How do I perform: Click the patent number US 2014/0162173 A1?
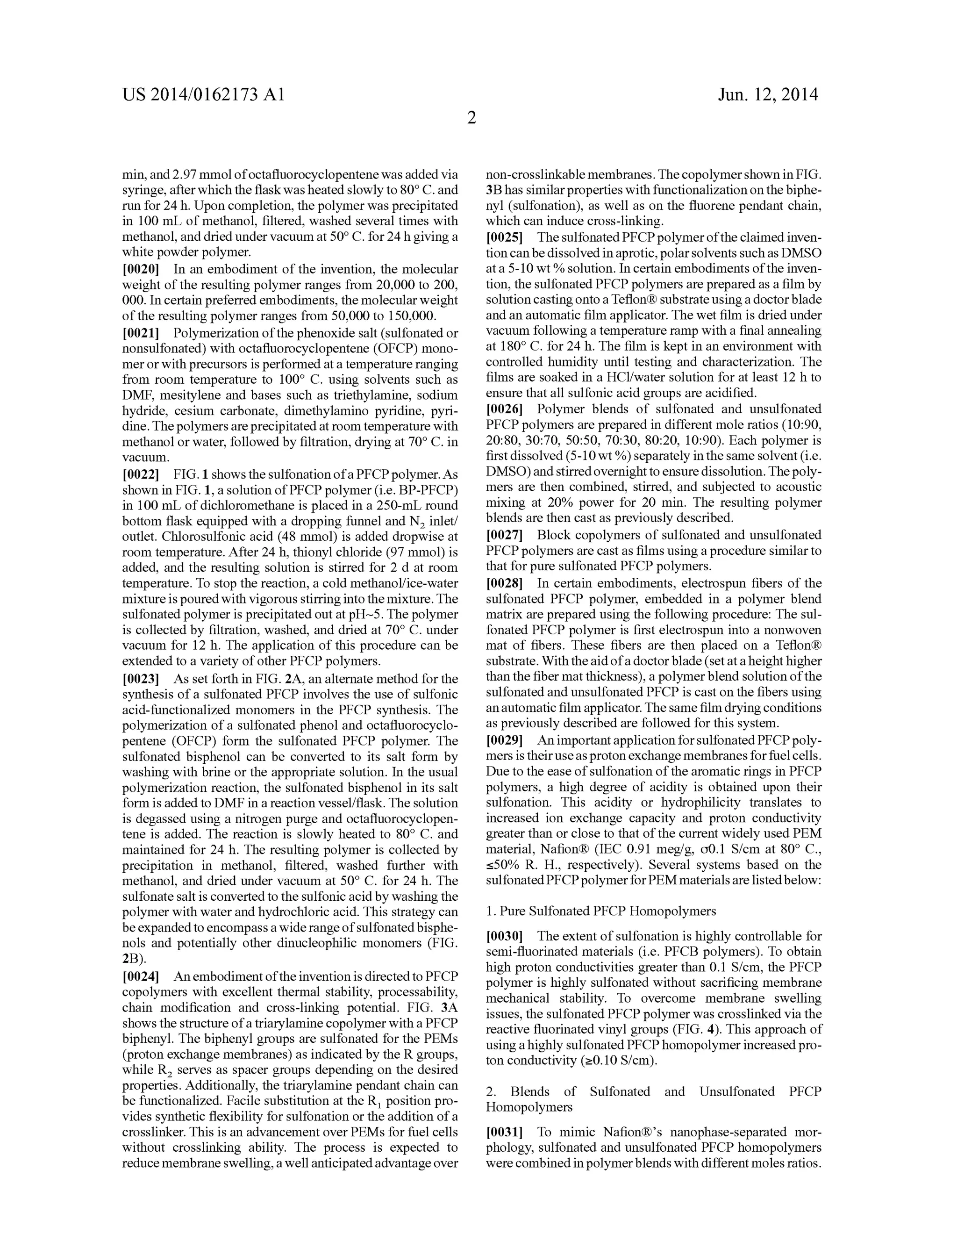click(203, 94)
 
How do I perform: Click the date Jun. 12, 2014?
click(768, 94)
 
